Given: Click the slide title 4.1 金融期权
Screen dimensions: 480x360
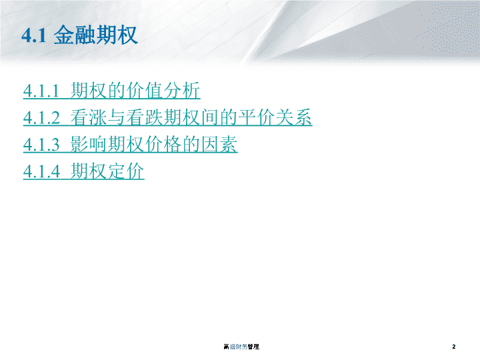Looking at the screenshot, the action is pyautogui.click(x=79, y=35).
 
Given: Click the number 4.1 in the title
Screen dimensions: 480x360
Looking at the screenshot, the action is pyautogui.click(x=34, y=35).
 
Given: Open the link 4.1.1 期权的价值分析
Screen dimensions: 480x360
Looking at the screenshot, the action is pyautogui.click(x=112, y=90).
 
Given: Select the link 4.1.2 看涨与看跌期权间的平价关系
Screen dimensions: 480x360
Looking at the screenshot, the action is pyautogui.click(x=168, y=117).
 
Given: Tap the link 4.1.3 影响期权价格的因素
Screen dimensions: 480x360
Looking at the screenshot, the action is pyautogui.click(x=131, y=144).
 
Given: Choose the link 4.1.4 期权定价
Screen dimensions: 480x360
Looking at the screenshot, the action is pyautogui.click(x=83, y=171).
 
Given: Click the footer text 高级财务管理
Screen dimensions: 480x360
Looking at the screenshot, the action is pyautogui.click(x=241, y=347).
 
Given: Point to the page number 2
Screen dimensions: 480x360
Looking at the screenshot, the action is pyautogui.click(x=454, y=347).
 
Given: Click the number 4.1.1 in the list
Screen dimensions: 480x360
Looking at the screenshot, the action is pyautogui.click(x=41, y=91).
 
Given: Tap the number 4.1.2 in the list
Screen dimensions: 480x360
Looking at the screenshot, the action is pyautogui.click(x=41, y=118).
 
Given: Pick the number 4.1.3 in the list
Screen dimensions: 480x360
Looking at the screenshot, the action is pyautogui.click(x=41, y=145).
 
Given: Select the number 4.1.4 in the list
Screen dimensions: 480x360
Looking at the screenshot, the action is pyautogui.click(x=41, y=171).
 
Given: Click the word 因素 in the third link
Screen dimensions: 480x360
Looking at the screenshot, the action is pyautogui.click(x=219, y=144).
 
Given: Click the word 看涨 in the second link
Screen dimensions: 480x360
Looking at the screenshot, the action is pyautogui.click(x=89, y=117).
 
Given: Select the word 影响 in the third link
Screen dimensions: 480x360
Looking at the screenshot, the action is pyautogui.click(x=89, y=144).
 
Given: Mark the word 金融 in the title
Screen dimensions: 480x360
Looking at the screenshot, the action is pyautogui.click(x=75, y=35).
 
